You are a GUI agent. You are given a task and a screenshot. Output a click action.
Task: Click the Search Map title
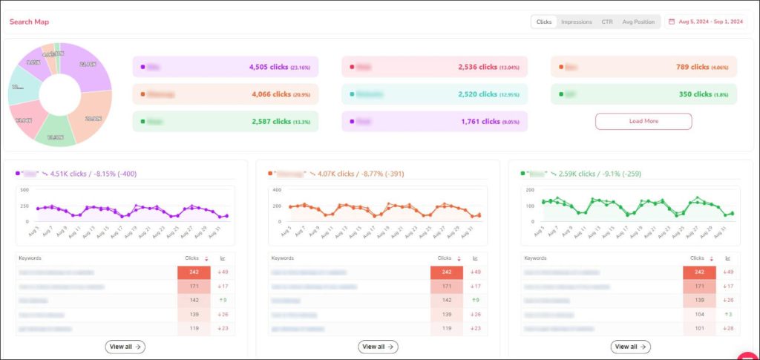[x=30, y=22]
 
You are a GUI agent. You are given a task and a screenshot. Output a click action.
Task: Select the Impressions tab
[x=576, y=22]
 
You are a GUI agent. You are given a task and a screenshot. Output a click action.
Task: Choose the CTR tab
[x=607, y=22]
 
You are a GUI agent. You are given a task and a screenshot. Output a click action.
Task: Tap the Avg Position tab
[x=638, y=22]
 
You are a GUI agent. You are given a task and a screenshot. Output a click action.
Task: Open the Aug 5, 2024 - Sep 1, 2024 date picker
[x=710, y=22]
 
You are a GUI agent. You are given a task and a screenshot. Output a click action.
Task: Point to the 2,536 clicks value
[x=478, y=67]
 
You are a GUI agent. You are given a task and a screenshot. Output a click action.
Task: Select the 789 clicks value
[x=692, y=67]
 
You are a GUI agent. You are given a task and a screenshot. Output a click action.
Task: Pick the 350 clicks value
[x=695, y=94]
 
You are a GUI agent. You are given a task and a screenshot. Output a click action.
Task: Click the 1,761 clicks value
[x=479, y=121]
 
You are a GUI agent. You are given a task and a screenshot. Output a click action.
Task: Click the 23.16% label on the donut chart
[x=88, y=65]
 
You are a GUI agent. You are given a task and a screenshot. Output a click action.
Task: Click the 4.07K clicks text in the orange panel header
[x=335, y=174]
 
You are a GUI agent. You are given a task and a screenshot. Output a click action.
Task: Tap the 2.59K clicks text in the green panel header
[x=589, y=174]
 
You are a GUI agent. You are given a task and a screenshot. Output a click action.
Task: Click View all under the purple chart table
[x=125, y=347]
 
